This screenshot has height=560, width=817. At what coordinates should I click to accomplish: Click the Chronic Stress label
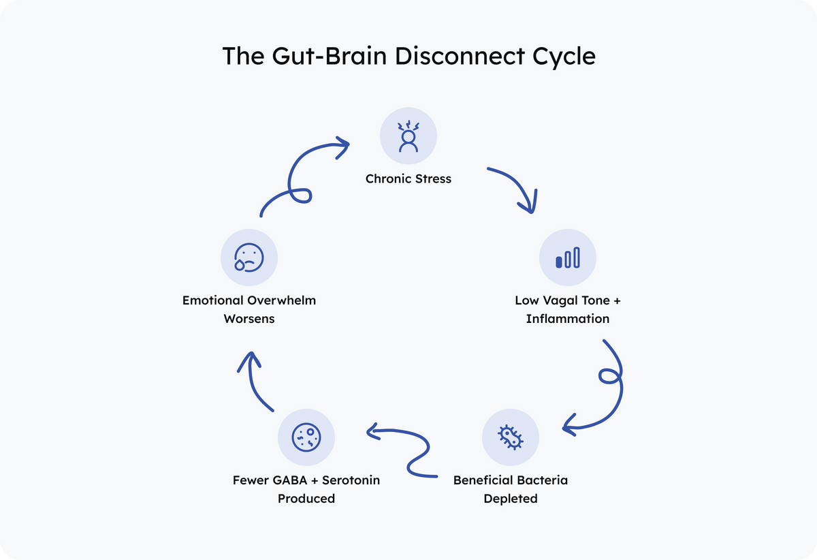pos(408,179)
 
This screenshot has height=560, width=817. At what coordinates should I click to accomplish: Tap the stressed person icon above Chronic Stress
pos(408,136)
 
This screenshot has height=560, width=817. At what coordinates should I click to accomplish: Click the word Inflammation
pos(568,318)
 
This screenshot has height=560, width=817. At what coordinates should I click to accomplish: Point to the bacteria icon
pos(511,437)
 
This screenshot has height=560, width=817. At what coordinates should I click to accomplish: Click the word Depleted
pos(511,498)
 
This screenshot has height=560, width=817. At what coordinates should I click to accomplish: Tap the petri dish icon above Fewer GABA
pos(306,437)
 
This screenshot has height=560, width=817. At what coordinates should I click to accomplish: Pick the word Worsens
pos(249,318)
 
